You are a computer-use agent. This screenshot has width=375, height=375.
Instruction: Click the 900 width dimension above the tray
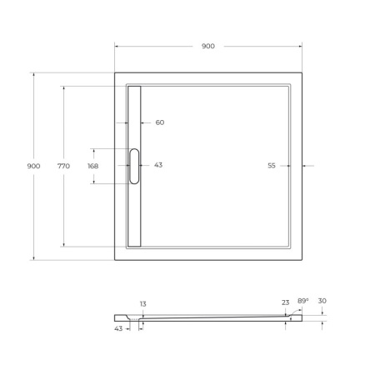(207, 46)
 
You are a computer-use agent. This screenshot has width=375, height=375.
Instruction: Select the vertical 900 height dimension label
(33, 166)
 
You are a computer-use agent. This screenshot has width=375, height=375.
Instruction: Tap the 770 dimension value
(63, 166)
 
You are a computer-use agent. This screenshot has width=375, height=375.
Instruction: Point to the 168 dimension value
(92, 166)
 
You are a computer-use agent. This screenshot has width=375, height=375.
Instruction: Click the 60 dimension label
(159, 122)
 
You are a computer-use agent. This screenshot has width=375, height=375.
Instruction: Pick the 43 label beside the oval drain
(157, 165)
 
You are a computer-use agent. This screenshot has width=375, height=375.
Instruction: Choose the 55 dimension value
(272, 166)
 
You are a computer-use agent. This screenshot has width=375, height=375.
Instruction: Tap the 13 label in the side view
(142, 304)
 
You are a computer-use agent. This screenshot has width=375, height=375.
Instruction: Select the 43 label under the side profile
(119, 328)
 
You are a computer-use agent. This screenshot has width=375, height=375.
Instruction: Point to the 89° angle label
(302, 300)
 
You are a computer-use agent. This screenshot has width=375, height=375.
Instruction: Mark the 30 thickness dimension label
(322, 301)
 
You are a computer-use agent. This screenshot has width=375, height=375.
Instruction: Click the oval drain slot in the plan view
(134, 166)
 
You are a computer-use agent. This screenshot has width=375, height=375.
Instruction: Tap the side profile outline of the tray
(208, 317)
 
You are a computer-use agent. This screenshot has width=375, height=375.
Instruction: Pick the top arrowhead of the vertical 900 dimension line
(33, 74)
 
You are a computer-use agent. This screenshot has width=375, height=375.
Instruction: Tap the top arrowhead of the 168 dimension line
(92, 150)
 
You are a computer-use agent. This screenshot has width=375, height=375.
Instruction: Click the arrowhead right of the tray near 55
(304, 166)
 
